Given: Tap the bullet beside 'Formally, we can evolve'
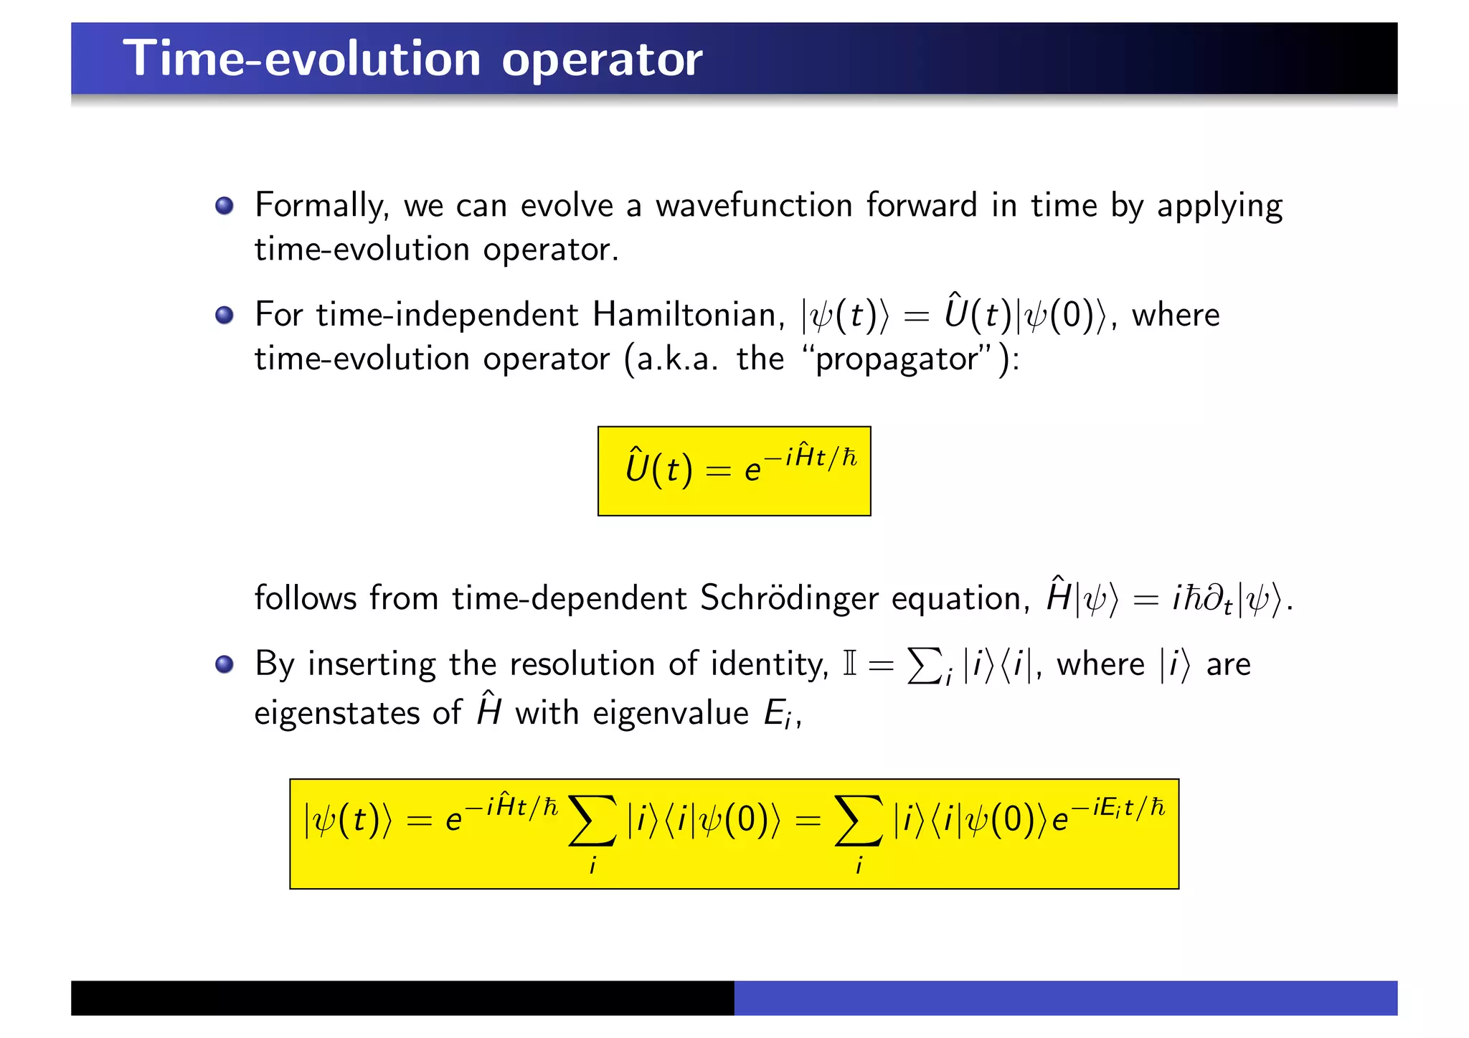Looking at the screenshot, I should coord(225,206).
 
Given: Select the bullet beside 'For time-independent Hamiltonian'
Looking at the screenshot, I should coord(225,315).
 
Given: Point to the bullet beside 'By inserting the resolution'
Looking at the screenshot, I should coord(225,664).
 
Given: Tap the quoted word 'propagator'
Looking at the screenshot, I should coord(897,359).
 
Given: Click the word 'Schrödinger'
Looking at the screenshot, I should coord(789,598).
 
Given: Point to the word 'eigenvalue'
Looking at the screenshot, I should coord(671,713).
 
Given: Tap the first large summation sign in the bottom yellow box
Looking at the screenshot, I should coord(592,821).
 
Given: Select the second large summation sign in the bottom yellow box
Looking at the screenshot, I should coord(859,821).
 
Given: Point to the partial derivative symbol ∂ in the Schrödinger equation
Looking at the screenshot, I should coord(1212,598).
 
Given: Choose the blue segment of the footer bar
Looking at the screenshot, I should coord(1065,998).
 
